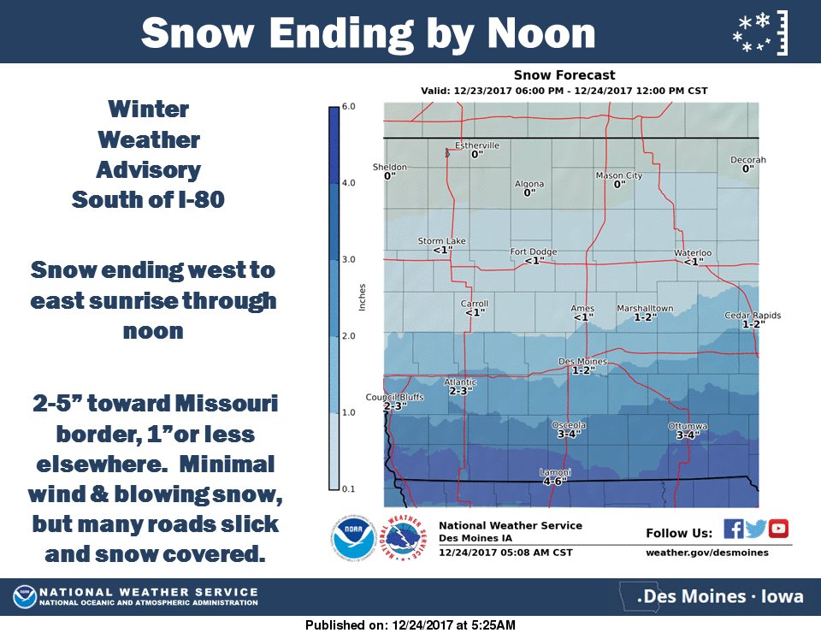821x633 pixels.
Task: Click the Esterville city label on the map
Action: coord(476,145)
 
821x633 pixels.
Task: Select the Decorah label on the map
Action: coord(747,160)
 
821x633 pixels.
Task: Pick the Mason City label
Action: coord(618,175)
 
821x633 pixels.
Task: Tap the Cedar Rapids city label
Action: coord(753,316)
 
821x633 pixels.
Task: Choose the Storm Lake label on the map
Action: coord(441,241)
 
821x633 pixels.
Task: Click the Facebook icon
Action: coord(733,529)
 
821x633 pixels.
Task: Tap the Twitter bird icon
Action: coord(755,529)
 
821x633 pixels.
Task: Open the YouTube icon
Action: coord(778,529)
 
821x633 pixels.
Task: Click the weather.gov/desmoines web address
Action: coord(706,553)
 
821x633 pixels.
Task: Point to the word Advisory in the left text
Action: coord(148,169)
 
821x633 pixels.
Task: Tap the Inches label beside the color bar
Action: coord(363,297)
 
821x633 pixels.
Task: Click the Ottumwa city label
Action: coord(688,425)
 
